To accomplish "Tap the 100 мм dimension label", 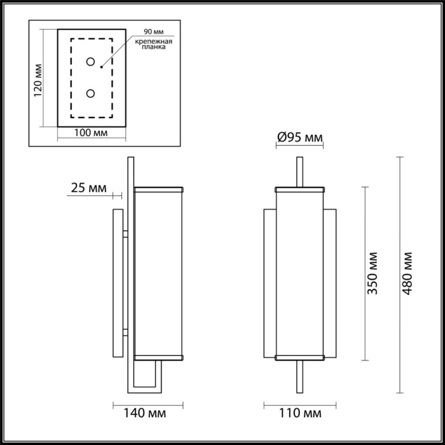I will point(90,133).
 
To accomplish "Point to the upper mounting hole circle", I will point(91,62).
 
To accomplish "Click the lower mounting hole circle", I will point(91,94).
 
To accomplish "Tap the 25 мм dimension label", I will point(88,188).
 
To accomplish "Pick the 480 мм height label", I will point(408,273).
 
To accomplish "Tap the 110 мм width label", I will point(299,414).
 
